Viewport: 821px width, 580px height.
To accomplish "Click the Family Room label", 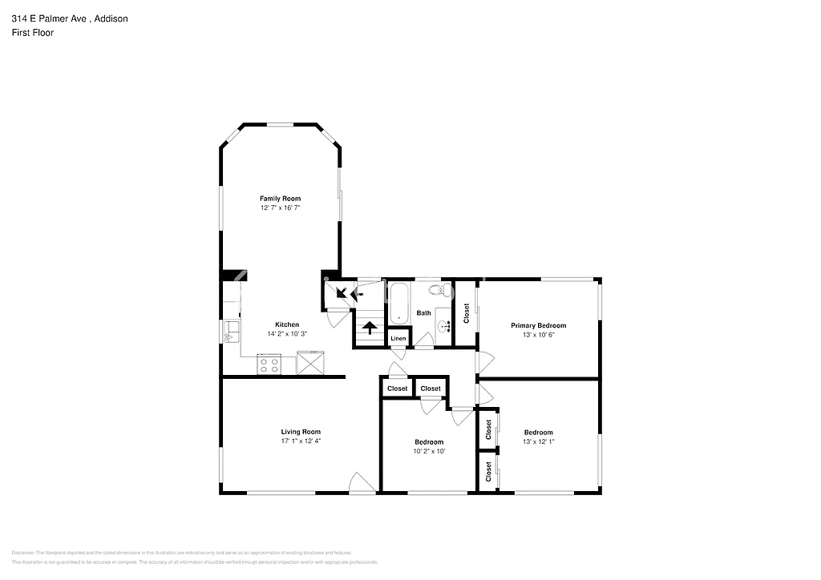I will click(280, 198).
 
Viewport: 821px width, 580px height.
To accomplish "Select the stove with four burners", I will click(269, 365).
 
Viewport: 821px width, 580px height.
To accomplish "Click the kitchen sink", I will click(231, 328).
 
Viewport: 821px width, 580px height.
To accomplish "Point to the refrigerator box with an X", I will click(309, 364).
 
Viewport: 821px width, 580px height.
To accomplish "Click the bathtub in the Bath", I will click(400, 304).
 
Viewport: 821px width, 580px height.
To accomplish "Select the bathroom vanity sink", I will click(444, 325).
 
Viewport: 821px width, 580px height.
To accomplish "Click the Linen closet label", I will click(398, 339).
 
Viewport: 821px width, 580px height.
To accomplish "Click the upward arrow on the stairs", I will click(370, 327).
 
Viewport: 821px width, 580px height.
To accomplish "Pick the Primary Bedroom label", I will click(539, 325).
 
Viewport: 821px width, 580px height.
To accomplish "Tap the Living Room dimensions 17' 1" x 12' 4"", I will click(301, 441).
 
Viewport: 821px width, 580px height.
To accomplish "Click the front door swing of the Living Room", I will click(362, 483).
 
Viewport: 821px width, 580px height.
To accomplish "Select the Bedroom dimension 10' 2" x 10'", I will click(428, 451).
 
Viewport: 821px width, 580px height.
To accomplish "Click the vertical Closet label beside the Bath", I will click(466, 313).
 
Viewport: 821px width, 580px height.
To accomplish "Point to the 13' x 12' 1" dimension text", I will click(538, 442).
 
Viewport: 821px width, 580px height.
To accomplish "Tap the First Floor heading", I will click(32, 33).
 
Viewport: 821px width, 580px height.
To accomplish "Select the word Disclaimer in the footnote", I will click(25, 553).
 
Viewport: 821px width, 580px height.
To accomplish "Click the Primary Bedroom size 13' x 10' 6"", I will click(539, 335).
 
